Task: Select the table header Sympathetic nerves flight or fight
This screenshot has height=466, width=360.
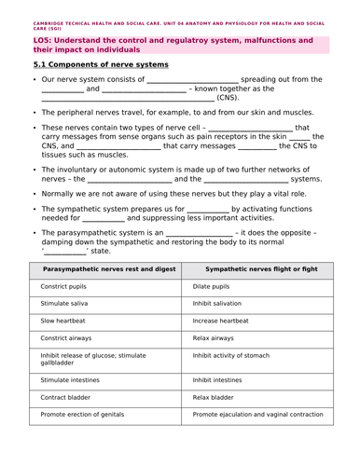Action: [261, 268]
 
